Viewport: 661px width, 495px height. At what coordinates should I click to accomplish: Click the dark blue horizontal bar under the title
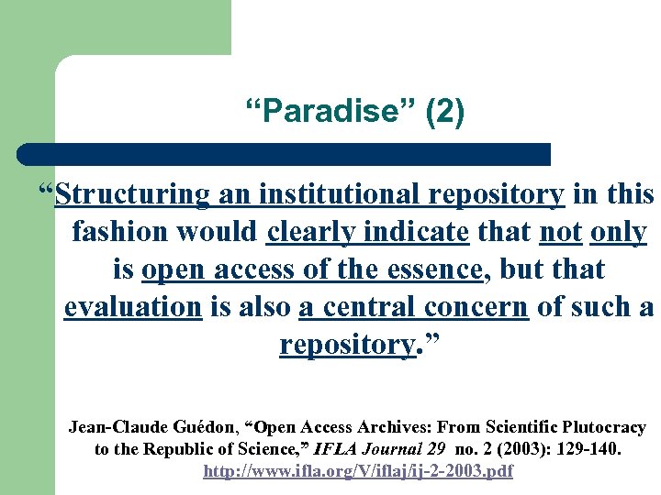coord(285,153)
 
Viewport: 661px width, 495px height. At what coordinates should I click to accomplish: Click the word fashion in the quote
coord(116,233)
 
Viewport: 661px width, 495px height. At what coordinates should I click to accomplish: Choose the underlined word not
coord(560,233)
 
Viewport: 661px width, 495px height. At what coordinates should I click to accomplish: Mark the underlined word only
coord(619,233)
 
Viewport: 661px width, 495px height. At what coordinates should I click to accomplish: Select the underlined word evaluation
coord(132,307)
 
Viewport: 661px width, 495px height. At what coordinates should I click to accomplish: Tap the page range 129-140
coord(587,449)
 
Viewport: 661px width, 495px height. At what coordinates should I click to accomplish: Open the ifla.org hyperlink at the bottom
coord(358,471)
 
